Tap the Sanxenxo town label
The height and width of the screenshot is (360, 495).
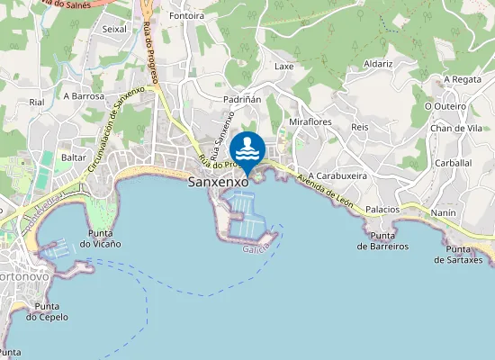point(218,182)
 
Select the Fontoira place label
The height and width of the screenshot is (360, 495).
point(186,16)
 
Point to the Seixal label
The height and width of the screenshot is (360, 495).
point(115,29)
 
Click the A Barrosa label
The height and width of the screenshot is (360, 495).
point(84,95)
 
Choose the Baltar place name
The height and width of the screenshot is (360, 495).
point(74,157)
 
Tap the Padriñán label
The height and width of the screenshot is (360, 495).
point(242,99)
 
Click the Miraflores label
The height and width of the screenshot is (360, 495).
point(310,121)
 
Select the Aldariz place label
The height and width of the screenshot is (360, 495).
point(378,64)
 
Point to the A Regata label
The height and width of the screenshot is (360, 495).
point(463,79)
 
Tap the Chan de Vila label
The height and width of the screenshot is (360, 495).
point(456,129)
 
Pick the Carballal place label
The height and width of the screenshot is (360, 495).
point(453,163)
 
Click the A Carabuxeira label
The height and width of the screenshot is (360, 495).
point(337,176)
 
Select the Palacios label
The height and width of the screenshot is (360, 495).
point(382,209)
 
